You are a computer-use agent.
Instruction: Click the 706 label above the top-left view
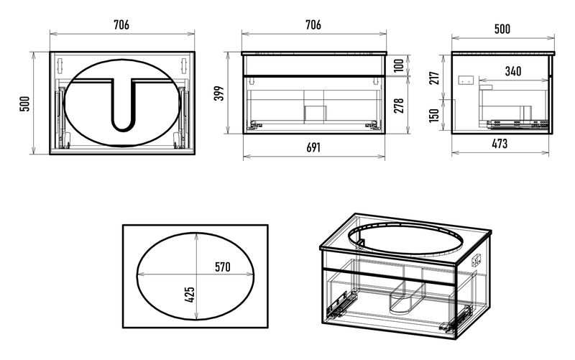[x=121, y=25]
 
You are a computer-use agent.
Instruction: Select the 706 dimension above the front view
[x=313, y=25]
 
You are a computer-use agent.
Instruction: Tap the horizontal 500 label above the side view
[x=502, y=29]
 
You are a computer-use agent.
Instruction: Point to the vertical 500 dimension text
[x=24, y=103]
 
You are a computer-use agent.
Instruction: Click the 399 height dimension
[x=219, y=93]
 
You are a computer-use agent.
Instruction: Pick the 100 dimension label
[x=399, y=65]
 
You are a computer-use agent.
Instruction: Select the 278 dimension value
[x=399, y=105]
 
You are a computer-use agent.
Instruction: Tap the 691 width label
[x=313, y=147]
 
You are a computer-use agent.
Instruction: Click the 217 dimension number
[x=434, y=78]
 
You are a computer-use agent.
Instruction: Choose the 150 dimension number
[x=434, y=115]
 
